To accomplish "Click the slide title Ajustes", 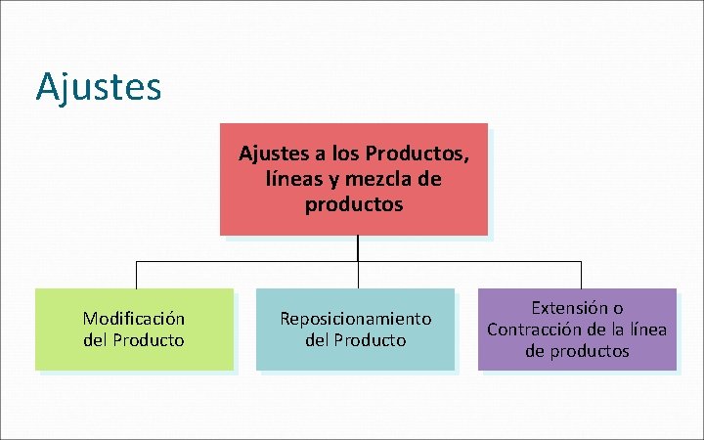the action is pos(98,87).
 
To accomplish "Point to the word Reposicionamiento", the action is pos(355,319).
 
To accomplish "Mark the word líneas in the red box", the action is pos(291,180).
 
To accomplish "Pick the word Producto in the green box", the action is pos(149,340).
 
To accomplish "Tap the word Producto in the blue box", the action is pos(370,340).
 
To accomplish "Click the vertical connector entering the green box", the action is pos(134,275).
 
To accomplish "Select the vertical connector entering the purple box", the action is pos(581,275).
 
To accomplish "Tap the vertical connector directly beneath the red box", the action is pos(358,248).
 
